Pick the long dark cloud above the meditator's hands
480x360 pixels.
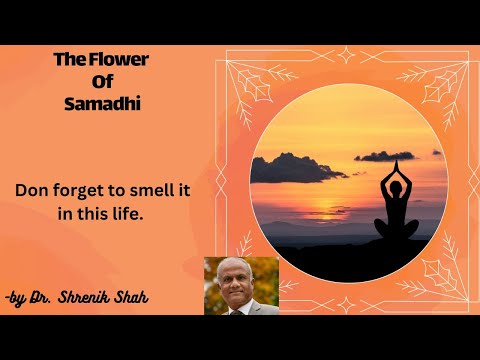click(x=383, y=155)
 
